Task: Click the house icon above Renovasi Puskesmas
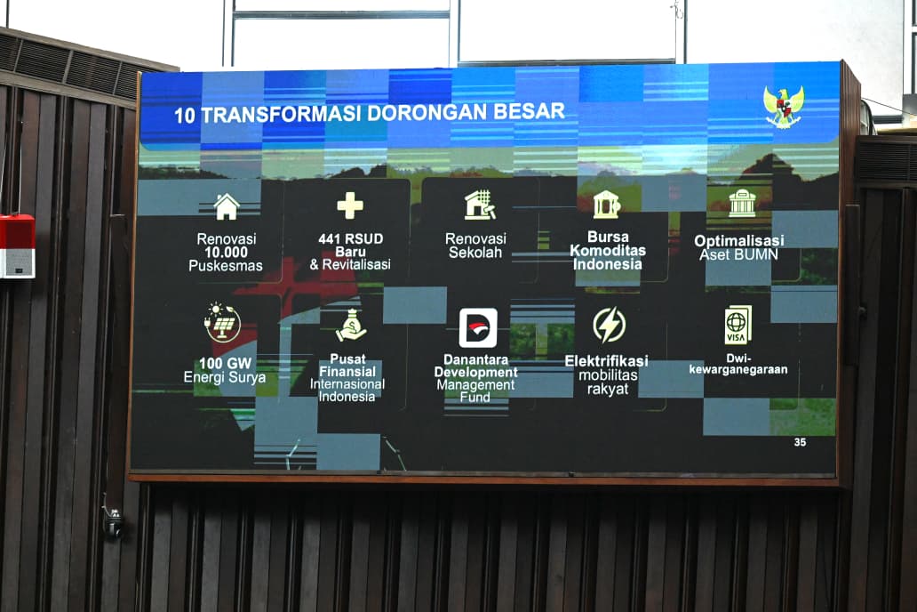227,206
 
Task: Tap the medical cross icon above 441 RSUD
350,205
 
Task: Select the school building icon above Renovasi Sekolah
480,205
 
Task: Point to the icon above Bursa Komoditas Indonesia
607,205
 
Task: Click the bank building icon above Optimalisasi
742,203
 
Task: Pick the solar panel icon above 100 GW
222,323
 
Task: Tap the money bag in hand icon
351,326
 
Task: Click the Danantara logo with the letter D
478,328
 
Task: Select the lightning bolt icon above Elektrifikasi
609,325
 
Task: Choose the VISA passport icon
738,325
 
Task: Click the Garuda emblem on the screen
784,106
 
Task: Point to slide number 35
800,442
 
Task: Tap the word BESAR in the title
529,111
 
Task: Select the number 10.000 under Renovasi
227,253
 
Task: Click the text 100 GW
225,363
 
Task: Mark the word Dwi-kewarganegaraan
738,364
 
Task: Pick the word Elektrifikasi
607,361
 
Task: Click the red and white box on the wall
17,246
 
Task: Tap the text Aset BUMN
738,254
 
